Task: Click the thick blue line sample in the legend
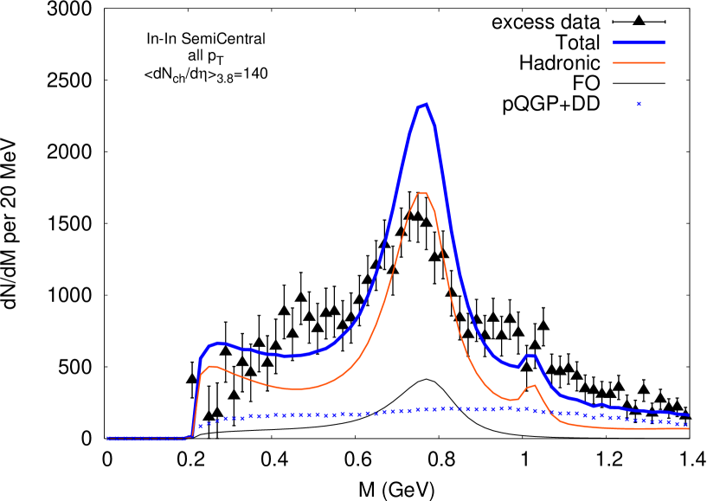point(639,42)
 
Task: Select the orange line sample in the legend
point(639,62)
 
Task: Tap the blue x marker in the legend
point(639,104)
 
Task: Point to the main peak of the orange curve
point(422,193)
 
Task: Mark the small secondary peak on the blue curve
point(530,355)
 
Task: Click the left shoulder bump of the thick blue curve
point(220,343)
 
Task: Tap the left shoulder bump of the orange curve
point(212,366)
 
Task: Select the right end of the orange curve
point(688,428)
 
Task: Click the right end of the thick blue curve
point(688,415)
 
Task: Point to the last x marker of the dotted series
point(686,424)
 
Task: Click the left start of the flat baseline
point(108,438)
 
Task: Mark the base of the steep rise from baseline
point(191,436)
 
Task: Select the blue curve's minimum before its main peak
point(290,356)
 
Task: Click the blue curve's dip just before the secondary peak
point(517,367)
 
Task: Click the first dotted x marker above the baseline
point(199,426)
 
